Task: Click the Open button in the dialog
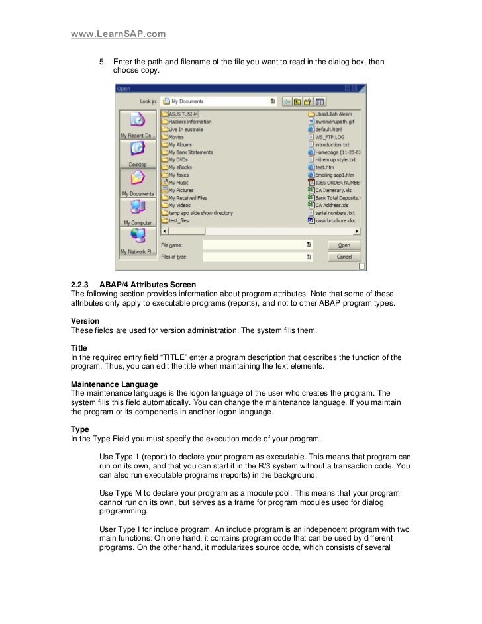(x=344, y=244)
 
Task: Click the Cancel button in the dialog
(x=344, y=256)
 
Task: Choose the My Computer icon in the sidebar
(x=137, y=211)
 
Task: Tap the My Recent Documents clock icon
(x=137, y=120)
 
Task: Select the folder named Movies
(x=176, y=137)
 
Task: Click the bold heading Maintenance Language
(x=114, y=384)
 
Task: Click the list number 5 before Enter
(x=103, y=62)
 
